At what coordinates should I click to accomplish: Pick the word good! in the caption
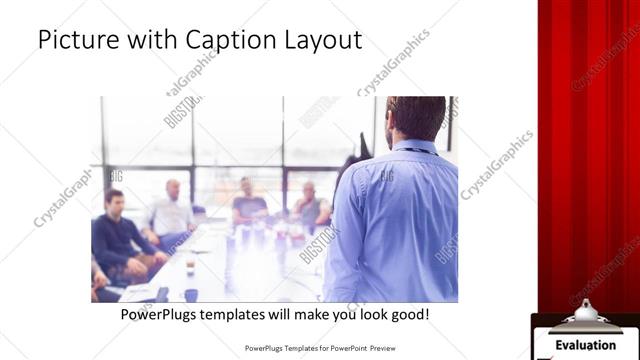tap(408, 314)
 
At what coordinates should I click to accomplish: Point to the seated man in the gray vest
tap(310, 205)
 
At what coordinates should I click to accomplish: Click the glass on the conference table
tap(191, 294)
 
